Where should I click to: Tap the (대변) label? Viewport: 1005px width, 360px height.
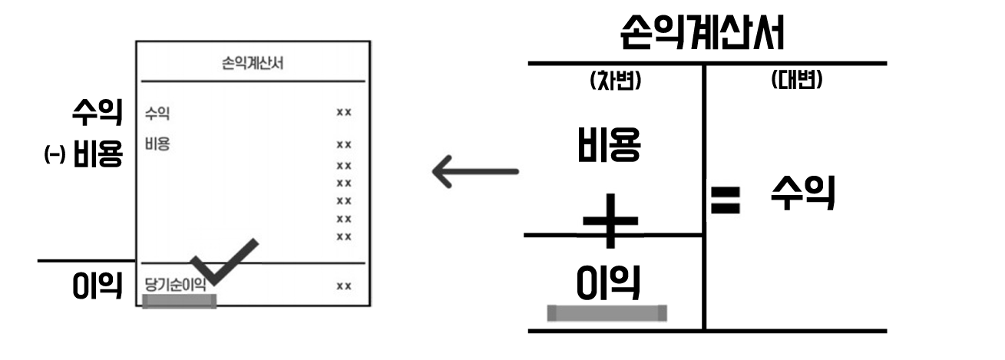click(x=796, y=81)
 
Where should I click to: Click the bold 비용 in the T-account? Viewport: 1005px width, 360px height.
click(x=609, y=146)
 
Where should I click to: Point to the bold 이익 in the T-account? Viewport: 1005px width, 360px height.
click(x=609, y=282)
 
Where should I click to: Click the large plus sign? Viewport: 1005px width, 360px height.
click(x=610, y=221)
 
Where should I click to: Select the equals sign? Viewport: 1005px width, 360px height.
click(x=725, y=201)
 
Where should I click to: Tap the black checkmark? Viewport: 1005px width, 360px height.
click(x=223, y=261)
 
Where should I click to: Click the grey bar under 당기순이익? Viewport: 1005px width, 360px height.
click(x=180, y=301)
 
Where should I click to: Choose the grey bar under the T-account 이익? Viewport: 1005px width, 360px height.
click(x=607, y=313)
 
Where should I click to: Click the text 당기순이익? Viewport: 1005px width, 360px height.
click(x=175, y=285)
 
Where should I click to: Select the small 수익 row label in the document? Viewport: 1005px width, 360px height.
click(x=157, y=114)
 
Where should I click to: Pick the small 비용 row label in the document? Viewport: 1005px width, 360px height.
click(x=157, y=144)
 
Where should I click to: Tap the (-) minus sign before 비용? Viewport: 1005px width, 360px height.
click(x=54, y=156)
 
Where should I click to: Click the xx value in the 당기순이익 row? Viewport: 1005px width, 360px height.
click(x=343, y=286)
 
